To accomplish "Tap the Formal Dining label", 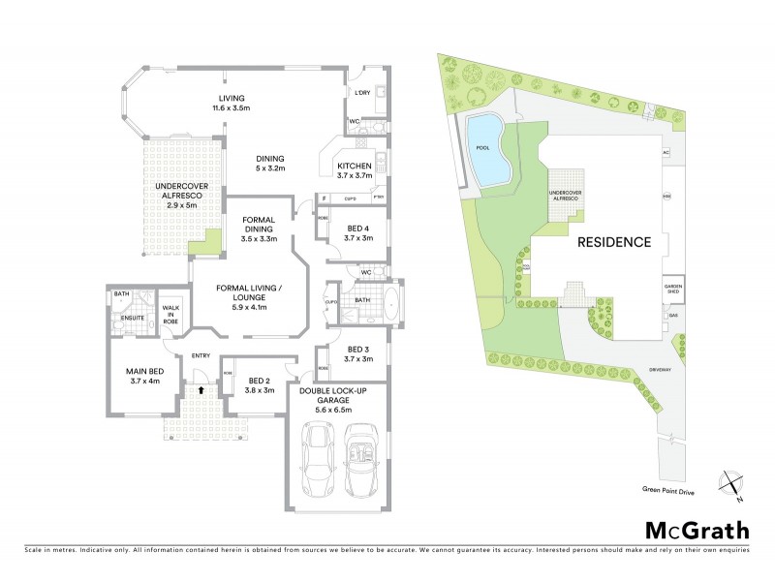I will (x=260, y=229).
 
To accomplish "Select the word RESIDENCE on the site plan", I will (x=614, y=242).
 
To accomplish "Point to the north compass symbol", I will (x=732, y=484).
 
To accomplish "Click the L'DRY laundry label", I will (x=364, y=93).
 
